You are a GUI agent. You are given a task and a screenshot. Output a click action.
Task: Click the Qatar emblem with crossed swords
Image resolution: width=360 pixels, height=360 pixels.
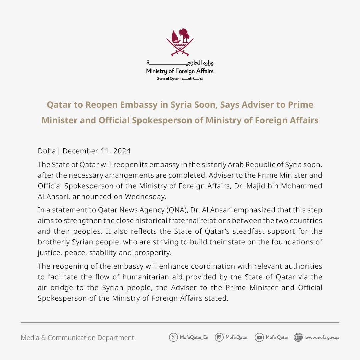(x=180, y=43)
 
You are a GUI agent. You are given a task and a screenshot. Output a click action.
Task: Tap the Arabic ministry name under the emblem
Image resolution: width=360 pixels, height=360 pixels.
(x=180, y=63)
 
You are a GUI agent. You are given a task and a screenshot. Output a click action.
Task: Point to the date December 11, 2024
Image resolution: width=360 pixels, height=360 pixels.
(x=96, y=151)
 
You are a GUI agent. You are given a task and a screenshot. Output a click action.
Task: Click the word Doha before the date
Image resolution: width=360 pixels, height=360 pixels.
(x=47, y=151)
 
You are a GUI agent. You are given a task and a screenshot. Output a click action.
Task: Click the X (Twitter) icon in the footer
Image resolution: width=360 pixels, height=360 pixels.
(x=173, y=337)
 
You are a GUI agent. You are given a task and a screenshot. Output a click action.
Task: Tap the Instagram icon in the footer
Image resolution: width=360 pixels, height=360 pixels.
(x=219, y=337)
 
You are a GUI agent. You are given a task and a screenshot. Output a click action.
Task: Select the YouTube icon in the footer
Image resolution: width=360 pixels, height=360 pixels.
(x=259, y=337)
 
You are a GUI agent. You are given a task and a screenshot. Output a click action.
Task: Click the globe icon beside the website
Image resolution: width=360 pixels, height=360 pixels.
(x=298, y=337)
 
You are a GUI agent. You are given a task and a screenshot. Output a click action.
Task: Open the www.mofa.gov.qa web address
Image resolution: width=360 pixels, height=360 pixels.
(x=322, y=337)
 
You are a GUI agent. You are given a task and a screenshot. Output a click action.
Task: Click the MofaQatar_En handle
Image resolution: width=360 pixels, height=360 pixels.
(x=194, y=337)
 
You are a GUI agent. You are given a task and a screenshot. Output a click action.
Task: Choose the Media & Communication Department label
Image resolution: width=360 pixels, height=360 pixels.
(x=77, y=338)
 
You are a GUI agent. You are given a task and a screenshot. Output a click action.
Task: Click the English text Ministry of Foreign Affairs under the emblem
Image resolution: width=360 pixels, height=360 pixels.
(x=180, y=71)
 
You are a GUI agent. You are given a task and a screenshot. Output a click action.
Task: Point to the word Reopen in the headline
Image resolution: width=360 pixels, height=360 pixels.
(x=105, y=105)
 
